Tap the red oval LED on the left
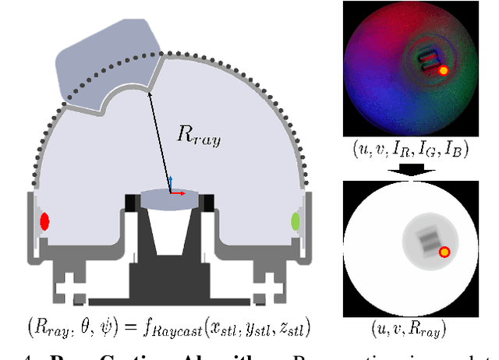click(44, 221)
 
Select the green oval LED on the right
click(296, 222)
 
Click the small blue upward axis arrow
click(168, 182)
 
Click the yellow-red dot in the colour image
click(443, 70)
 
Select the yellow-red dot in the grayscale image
click(444, 252)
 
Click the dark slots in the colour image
click(429, 62)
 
